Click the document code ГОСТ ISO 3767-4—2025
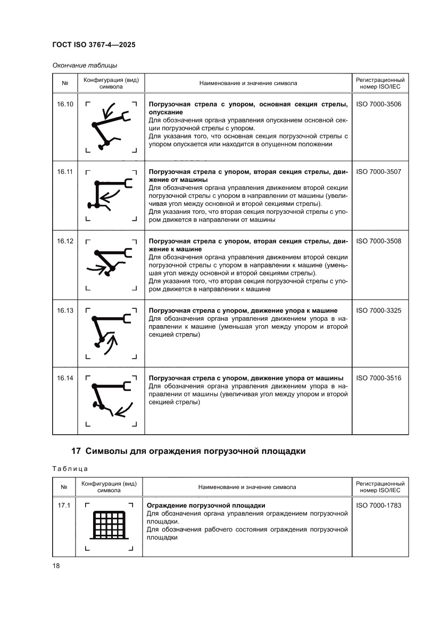[94, 45]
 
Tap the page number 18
[56, 566]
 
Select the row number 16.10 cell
[65, 104]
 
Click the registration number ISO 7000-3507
[379, 172]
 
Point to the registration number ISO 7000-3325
[379, 310]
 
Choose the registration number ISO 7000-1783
[379, 505]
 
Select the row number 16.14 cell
[65, 378]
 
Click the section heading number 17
[76, 451]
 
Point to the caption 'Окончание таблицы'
[85, 65]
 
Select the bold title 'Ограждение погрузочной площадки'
[205, 505]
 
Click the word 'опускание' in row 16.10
[165, 112]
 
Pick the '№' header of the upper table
[65, 83]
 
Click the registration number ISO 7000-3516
[379, 378]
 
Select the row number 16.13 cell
[65, 310]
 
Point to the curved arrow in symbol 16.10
[110, 110]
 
